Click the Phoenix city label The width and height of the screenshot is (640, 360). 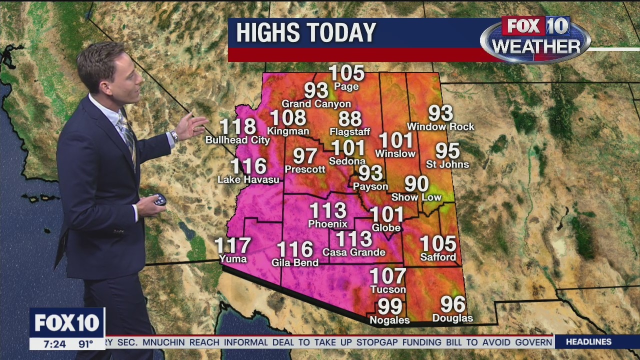click(x=327, y=223)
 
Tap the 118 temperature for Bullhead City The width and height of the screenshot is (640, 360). click(x=238, y=126)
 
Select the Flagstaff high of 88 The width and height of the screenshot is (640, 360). click(x=350, y=119)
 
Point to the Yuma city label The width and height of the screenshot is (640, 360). click(x=233, y=258)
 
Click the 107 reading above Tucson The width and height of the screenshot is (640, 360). click(x=387, y=275)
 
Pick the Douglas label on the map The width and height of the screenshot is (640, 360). click(x=452, y=318)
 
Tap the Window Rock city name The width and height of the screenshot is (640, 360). click(x=440, y=126)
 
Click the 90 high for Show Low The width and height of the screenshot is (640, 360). click(x=416, y=183)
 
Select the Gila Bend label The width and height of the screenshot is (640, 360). click(x=295, y=262)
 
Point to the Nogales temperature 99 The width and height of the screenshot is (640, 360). click(x=390, y=305)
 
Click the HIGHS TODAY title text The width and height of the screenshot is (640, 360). click(x=305, y=33)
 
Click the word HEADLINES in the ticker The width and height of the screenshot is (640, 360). click(x=588, y=342)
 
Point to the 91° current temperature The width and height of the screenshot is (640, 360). click(x=85, y=344)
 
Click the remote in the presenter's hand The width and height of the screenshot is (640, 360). click(x=159, y=199)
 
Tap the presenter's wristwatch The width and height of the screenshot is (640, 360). click(x=174, y=136)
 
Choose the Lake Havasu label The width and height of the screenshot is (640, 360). click(x=248, y=179)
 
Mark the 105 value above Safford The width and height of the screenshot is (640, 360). click(x=438, y=243)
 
